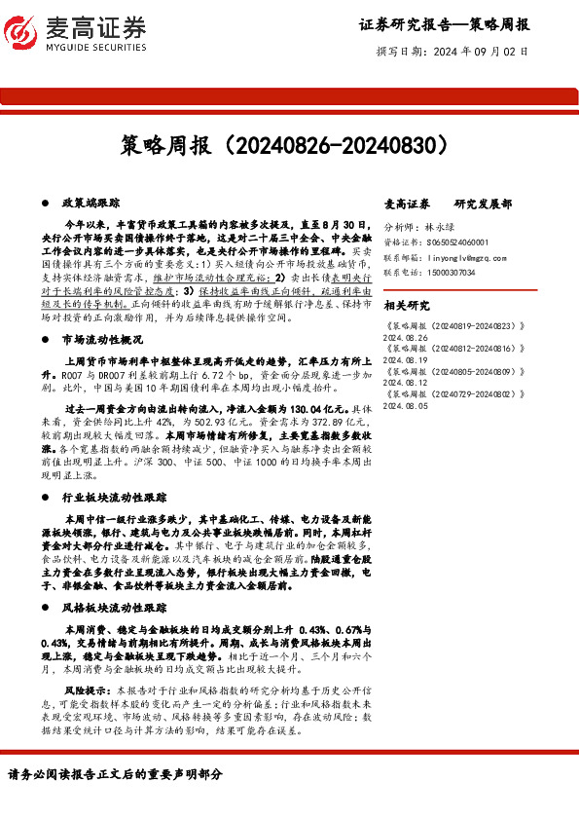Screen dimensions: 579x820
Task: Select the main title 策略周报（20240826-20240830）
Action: click(x=289, y=145)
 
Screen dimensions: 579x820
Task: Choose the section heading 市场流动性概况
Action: click(x=102, y=340)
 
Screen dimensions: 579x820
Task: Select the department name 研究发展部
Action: click(x=484, y=203)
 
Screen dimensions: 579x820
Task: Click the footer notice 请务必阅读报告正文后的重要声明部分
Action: click(x=116, y=774)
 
